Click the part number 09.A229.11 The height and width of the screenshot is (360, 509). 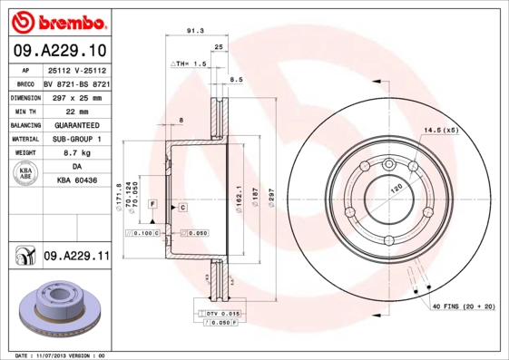click(x=76, y=257)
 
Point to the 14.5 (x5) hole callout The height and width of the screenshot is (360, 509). click(x=441, y=131)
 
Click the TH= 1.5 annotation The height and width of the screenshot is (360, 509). click(x=191, y=65)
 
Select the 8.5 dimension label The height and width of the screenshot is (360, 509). click(x=236, y=80)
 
